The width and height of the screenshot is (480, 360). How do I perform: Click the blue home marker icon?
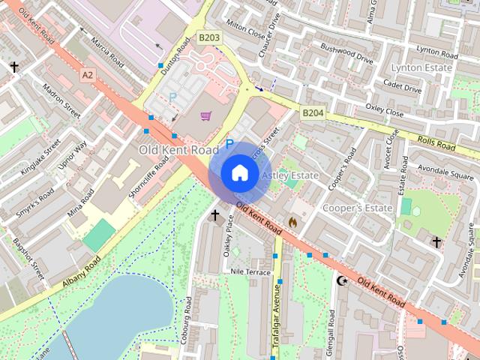[239, 173]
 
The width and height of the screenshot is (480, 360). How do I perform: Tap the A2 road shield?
[88, 75]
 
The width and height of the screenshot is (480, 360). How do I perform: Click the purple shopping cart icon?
[206, 115]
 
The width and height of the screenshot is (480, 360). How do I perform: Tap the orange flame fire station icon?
[292, 223]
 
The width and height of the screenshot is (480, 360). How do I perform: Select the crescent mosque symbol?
[343, 280]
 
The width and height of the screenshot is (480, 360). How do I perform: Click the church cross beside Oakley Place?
[215, 217]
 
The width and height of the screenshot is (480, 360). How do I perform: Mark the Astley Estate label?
[290, 175]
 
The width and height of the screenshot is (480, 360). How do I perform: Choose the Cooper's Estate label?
[358, 207]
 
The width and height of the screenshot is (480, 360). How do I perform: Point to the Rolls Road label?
[436, 142]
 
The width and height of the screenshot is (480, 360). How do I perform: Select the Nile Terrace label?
[250, 271]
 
